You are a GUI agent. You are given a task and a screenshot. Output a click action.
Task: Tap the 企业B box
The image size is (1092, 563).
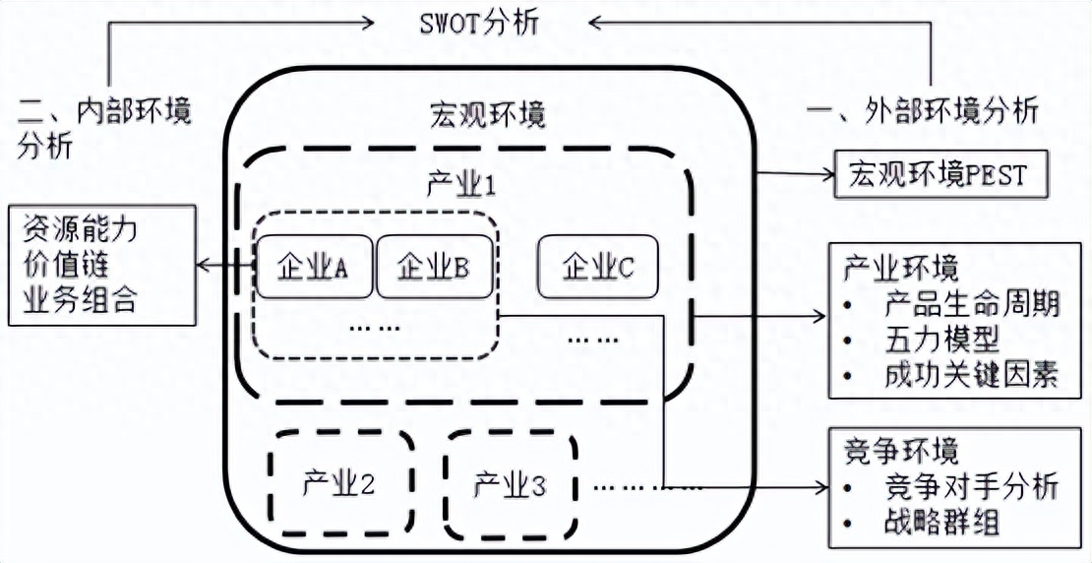click(433, 267)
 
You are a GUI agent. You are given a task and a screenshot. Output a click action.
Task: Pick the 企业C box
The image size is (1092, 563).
click(597, 267)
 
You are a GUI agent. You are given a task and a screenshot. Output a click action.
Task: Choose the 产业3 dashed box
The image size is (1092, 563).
click(510, 483)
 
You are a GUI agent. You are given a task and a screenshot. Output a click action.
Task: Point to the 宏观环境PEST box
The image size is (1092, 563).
click(936, 175)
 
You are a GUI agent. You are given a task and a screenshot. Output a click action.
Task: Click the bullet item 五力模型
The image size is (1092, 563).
click(941, 341)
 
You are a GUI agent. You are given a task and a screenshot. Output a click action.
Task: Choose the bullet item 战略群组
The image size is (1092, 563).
click(941, 521)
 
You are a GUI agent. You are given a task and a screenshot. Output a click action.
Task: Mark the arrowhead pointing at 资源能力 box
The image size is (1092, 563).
click(203, 266)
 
